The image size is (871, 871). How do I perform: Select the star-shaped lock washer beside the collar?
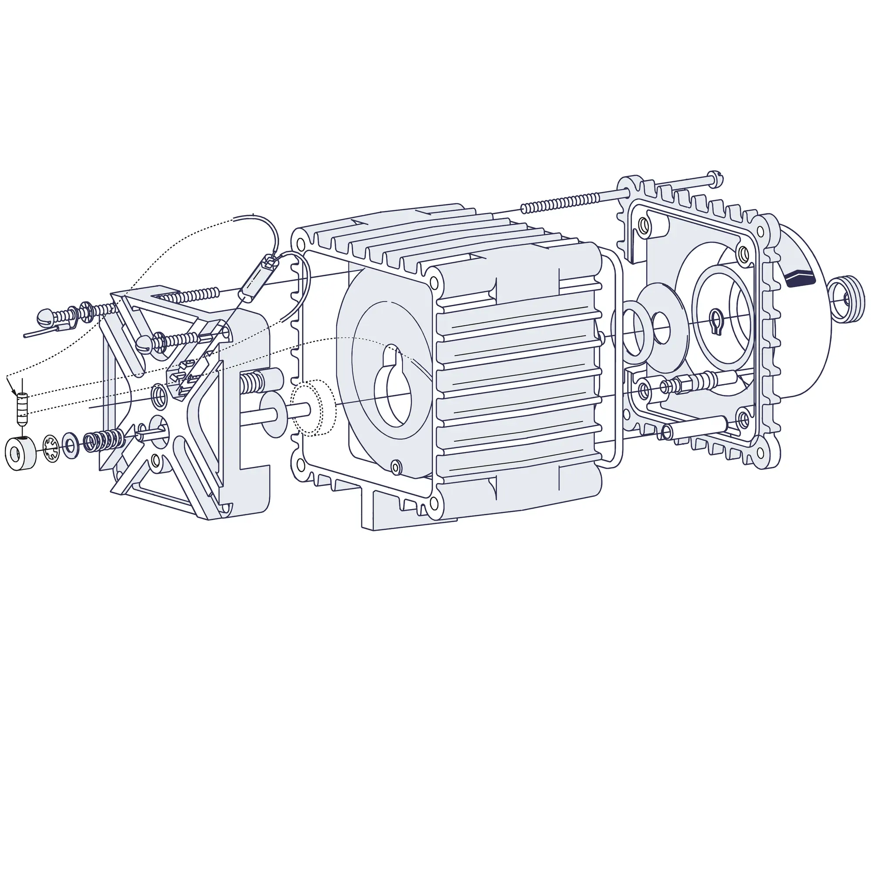52,448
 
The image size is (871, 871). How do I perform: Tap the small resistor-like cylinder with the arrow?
22,408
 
